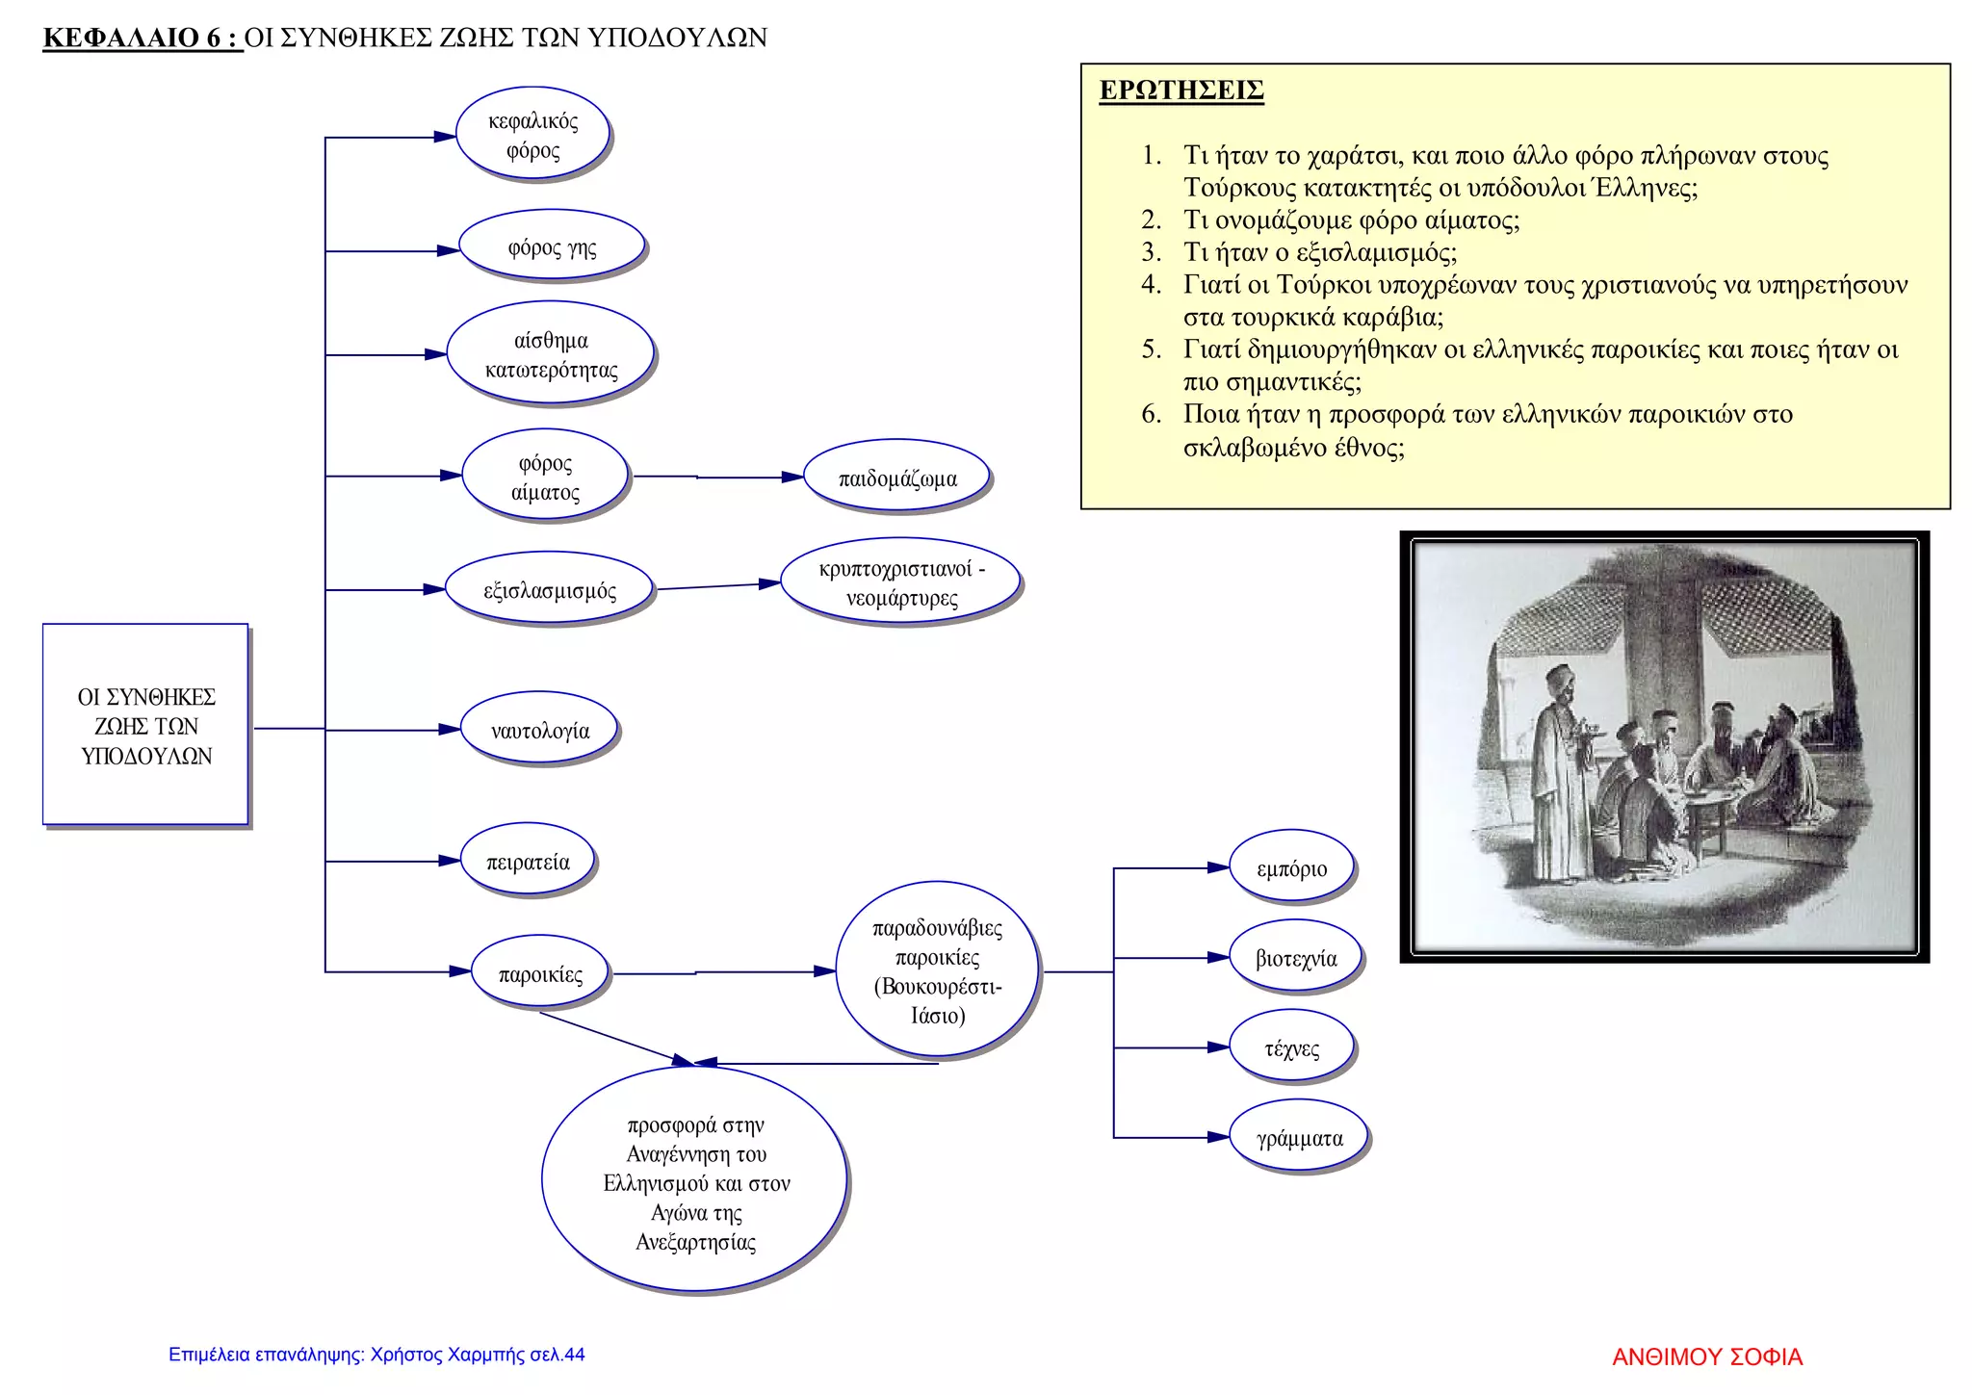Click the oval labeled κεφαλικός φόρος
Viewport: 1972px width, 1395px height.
(x=532, y=135)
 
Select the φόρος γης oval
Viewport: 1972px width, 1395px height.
(x=552, y=247)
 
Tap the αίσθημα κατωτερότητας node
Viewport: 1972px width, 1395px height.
(x=551, y=354)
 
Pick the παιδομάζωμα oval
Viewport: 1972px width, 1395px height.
(x=896, y=478)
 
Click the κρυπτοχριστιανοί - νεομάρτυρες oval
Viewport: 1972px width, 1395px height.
(x=900, y=582)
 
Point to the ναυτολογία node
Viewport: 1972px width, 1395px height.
(x=539, y=731)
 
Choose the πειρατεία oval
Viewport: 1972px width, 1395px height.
(x=528, y=862)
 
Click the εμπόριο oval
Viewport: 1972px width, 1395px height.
(x=1291, y=868)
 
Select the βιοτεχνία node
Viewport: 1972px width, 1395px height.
(x=1296, y=958)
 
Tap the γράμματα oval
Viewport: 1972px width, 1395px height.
(x=1299, y=1138)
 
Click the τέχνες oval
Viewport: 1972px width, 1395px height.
(x=1291, y=1048)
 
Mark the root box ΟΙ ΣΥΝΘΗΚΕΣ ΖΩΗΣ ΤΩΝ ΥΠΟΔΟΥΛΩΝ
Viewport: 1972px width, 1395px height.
(x=146, y=726)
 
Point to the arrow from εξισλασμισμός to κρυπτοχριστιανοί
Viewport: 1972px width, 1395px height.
(x=717, y=586)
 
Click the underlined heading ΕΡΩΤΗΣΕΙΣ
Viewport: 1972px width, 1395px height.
(x=1181, y=90)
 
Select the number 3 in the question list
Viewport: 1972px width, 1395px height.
(x=1152, y=252)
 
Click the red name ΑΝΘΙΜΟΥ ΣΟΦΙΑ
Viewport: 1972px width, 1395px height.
(x=1706, y=1356)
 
